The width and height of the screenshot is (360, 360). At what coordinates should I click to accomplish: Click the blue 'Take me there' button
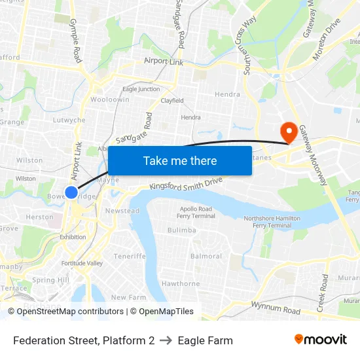pos(180,160)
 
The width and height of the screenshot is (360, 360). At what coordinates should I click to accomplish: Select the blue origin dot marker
pos(71,192)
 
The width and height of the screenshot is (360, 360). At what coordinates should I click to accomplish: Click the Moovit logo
pos(321,339)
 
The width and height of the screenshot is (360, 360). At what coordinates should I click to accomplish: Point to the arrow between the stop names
pos(166,340)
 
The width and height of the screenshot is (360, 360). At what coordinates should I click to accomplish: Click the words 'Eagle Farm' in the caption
pos(205,340)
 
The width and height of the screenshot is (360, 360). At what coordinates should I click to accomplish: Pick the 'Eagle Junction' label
pos(141,89)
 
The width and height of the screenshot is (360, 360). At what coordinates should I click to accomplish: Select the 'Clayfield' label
pos(172,101)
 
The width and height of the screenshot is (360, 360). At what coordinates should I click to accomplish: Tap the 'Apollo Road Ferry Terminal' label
pos(196,212)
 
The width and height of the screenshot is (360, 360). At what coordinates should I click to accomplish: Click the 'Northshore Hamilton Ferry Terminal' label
pos(267,221)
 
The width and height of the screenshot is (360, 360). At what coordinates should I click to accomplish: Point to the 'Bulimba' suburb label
pos(181,230)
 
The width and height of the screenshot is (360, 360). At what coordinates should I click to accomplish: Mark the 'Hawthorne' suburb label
pos(181,283)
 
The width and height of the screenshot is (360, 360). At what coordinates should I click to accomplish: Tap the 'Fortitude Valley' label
pos(82,263)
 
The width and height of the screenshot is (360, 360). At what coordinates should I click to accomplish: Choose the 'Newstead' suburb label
pos(122,211)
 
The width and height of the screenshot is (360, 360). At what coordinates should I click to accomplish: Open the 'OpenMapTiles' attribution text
pos(162,312)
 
